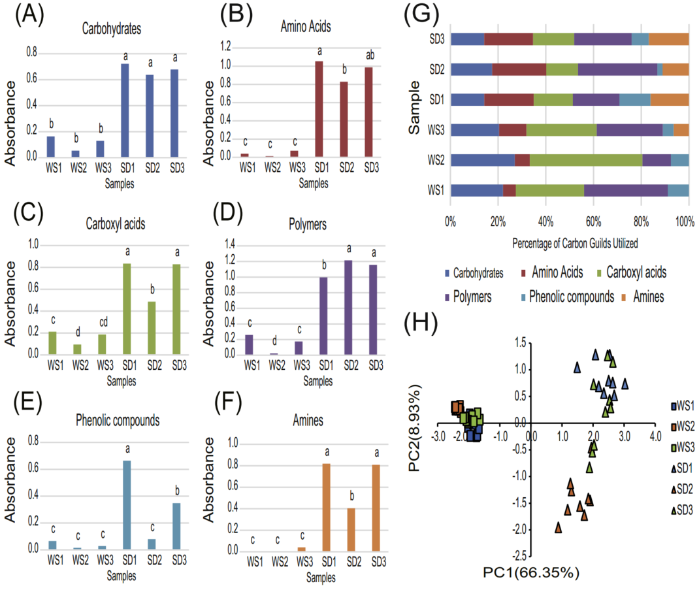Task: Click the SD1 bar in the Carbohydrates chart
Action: (125, 110)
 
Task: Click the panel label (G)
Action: (418, 15)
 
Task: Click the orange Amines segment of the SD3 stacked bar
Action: (668, 39)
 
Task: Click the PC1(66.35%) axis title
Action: (530, 573)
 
